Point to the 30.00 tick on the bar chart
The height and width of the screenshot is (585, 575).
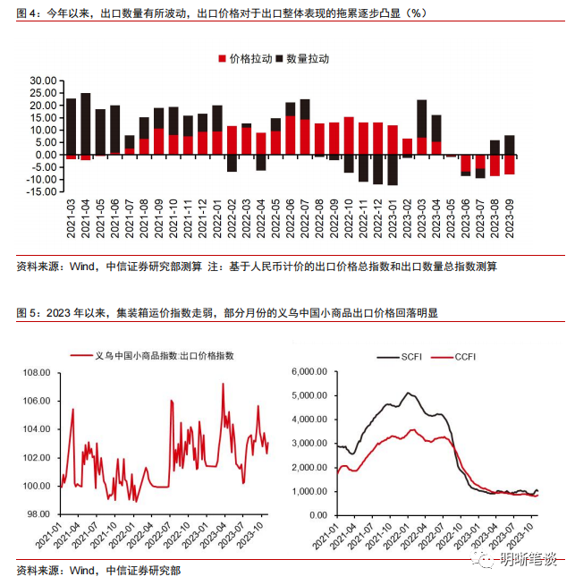click(x=43, y=81)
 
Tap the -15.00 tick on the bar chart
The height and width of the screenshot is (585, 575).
click(x=41, y=191)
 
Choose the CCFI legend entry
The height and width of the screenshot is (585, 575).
click(x=465, y=357)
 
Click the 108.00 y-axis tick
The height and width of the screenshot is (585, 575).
click(x=36, y=371)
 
